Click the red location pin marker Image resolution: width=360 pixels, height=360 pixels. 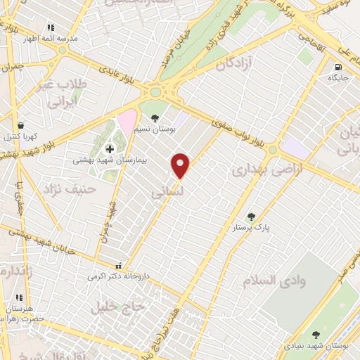[x=181, y=165]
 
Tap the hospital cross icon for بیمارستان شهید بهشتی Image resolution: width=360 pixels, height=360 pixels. [x=110, y=149]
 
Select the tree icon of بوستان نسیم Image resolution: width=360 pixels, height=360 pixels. [x=155, y=118]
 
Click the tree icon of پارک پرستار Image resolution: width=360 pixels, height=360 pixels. [x=252, y=217]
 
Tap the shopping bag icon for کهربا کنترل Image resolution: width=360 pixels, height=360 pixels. [x=20, y=126]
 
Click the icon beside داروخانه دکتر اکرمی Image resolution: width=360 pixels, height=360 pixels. [x=118, y=266]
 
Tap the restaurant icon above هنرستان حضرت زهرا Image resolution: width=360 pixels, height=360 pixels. [x=18, y=298]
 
